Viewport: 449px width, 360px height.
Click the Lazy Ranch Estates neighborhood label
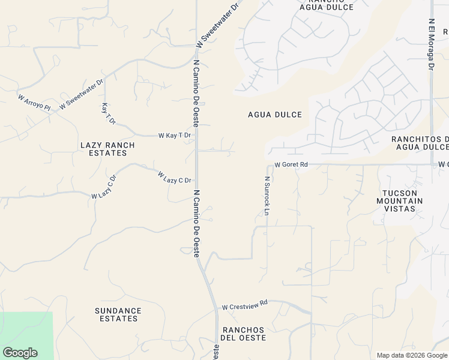(107, 149)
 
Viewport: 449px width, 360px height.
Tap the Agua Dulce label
(275, 115)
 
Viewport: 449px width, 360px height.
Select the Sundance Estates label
(118, 314)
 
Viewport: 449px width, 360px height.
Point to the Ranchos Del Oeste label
(243, 334)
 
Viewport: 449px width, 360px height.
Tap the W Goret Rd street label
(291, 164)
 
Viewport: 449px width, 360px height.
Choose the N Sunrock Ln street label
(267, 196)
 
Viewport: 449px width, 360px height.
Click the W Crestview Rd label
(244, 306)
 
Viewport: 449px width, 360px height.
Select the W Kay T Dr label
(174, 136)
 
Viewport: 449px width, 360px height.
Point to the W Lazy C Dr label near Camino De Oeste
(174, 178)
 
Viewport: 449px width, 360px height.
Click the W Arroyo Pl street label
(34, 102)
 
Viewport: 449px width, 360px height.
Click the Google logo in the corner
(20, 353)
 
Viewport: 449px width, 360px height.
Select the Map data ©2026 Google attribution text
(412, 355)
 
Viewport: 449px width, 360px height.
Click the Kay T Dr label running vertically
(108, 113)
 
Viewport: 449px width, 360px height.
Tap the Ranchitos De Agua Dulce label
(420, 143)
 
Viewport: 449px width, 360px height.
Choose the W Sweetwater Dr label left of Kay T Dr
(81, 93)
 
